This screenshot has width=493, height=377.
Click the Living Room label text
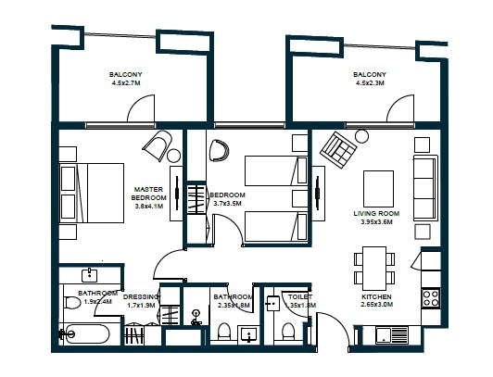tap(375, 218)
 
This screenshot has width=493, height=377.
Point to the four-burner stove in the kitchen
tap(431, 297)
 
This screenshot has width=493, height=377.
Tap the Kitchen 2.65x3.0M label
tap(377, 302)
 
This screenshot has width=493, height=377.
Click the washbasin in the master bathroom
tap(90, 276)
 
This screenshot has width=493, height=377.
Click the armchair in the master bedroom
tap(158, 147)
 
